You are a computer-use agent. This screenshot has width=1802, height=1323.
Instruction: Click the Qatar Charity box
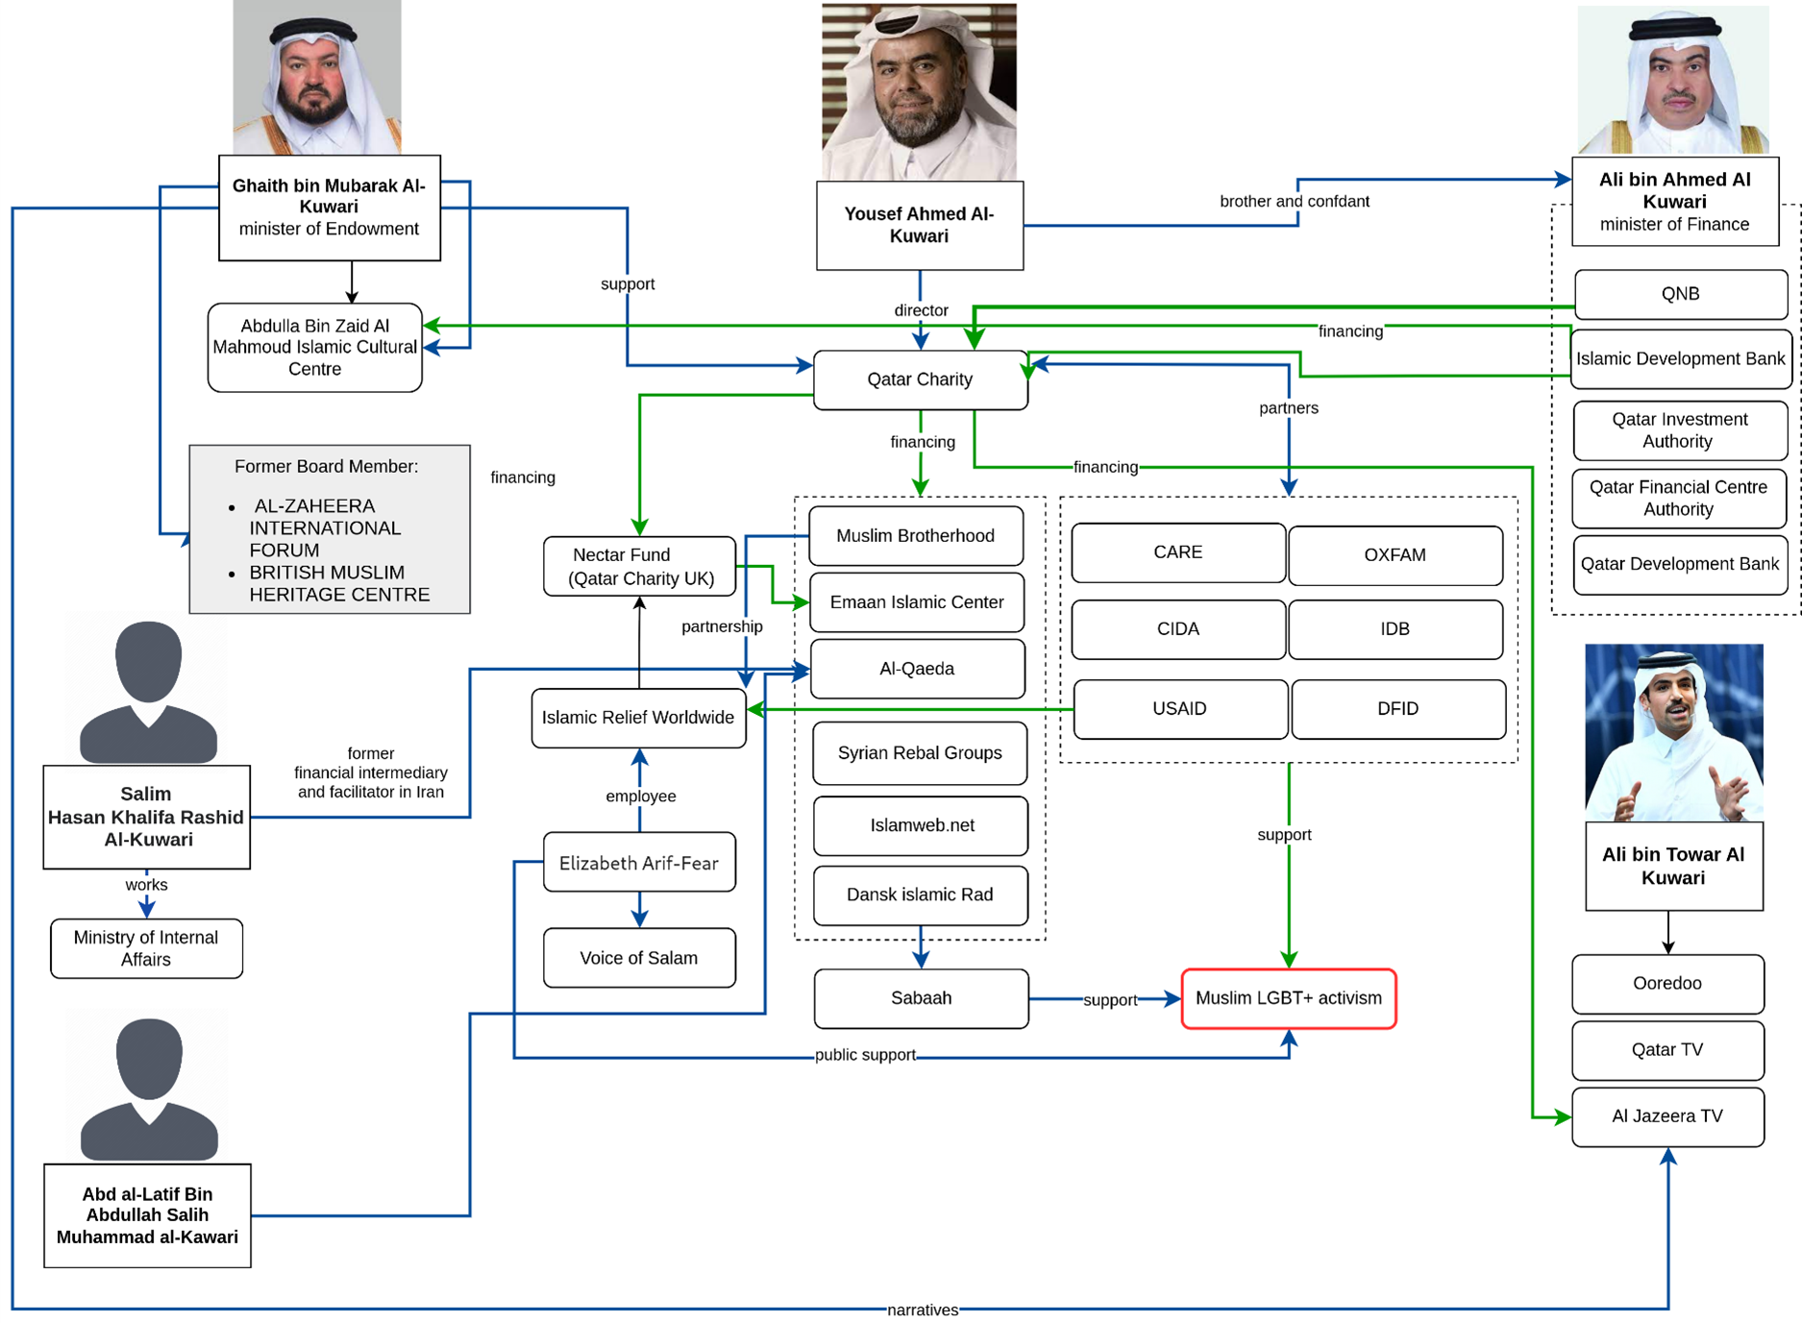tap(920, 380)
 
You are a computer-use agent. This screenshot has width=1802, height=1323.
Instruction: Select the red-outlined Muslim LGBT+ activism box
tap(1288, 998)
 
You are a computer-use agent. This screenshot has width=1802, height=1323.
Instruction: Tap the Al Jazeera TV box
tap(1667, 1116)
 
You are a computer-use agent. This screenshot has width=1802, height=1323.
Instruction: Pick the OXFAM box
tap(1395, 555)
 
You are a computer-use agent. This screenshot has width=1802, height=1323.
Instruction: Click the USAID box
tap(1179, 709)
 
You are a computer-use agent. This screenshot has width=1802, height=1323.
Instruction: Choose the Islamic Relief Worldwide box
tap(638, 718)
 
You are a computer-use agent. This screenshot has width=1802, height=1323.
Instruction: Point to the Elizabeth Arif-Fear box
tap(639, 863)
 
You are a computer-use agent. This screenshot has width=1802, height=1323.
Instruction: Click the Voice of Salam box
tap(639, 958)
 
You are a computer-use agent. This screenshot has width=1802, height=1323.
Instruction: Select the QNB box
tap(1680, 294)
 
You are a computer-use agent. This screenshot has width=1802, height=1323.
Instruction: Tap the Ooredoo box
tap(1667, 984)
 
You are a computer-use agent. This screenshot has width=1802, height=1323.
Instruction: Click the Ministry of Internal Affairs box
tap(146, 948)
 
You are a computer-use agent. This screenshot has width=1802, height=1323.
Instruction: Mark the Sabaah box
tap(921, 998)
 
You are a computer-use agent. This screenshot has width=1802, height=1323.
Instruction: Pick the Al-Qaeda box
tap(917, 669)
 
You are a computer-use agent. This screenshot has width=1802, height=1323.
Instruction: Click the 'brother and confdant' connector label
tap(1294, 202)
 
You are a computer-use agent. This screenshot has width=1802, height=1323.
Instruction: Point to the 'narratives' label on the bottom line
tap(923, 1310)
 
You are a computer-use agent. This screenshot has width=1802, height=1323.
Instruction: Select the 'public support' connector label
tap(865, 1055)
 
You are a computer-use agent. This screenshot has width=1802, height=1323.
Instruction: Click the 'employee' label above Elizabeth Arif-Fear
tap(641, 796)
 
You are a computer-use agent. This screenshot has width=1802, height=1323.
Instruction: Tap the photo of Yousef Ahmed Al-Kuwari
tap(919, 92)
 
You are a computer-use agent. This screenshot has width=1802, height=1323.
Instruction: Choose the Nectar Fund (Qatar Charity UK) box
tap(640, 567)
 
